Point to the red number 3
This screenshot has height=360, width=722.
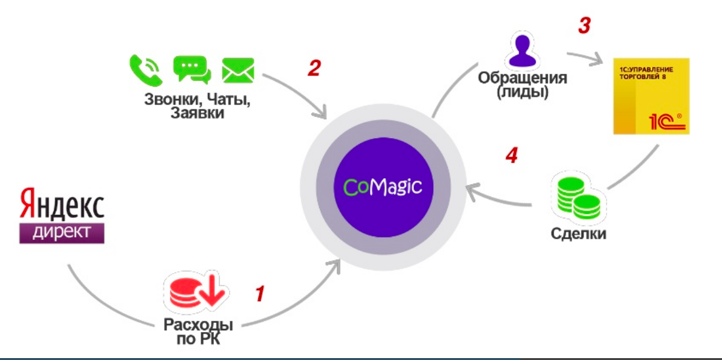tap(583, 26)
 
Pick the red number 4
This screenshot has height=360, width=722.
tap(512, 156)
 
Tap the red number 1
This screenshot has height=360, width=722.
tap(260, 294)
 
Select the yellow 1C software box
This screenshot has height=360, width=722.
tap(651, 95)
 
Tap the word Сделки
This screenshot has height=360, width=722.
tap(579, 234)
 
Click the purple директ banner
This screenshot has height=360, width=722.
tap(62, 232)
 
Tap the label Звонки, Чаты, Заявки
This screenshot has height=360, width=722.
tap(198, 105)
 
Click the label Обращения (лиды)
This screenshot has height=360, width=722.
tap(523, 86)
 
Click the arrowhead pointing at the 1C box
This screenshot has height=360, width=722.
tap(599, 61)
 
